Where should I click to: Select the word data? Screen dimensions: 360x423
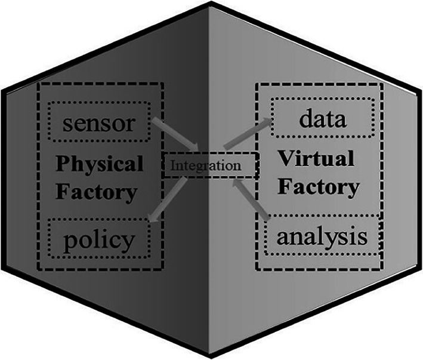pyautogui.click(x=323, y=119)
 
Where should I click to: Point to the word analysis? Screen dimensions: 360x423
pyautogui.click(x=321, y=236)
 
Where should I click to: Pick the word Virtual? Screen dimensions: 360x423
pyautogui.click(x=316, y=159)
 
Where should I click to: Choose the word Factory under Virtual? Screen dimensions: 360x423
pyautogui.click(x=320, y=187)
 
